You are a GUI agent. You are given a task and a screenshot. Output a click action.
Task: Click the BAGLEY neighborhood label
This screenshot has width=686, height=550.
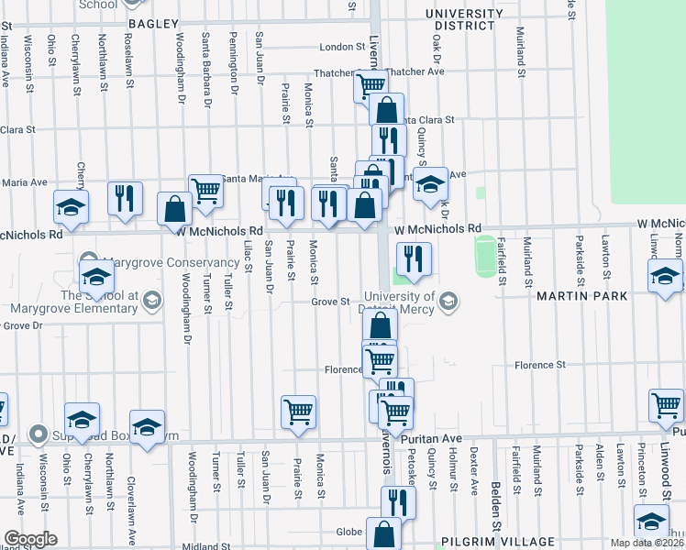(151, 23)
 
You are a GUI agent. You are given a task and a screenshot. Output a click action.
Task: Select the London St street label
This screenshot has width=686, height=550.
(342, 47)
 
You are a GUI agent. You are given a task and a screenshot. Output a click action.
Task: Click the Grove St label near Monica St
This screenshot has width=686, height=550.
(330, 302)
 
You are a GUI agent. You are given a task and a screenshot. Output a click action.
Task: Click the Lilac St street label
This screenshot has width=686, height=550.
(249, 257)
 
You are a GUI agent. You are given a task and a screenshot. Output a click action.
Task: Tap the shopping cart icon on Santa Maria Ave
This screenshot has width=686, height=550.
(206, 190)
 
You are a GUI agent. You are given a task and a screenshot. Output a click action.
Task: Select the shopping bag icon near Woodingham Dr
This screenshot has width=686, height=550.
(173, 208)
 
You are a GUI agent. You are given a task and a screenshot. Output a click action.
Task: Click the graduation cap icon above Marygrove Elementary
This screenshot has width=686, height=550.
(96, 276)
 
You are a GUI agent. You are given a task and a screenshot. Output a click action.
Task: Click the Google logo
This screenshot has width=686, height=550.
(29, 539)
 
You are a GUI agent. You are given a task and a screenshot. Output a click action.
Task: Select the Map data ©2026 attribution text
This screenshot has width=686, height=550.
(646, 543)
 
